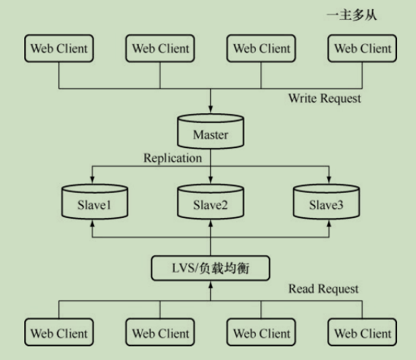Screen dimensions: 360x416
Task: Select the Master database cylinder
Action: pyautogui.click(x=210, y=134)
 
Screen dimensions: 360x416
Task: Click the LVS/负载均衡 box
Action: pyautogui.click(x=210, y=268)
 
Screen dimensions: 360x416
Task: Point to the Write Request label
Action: pyautogui.click(x=325, y=99)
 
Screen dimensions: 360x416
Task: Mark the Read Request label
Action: pyautogui.click(x=323, y=289)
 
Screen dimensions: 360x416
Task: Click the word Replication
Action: pyautogui.click(x=173, y=159)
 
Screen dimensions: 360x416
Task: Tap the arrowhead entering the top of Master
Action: pyautogui.click(x=210, y=112)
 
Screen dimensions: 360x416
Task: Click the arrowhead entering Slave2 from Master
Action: pyautogui.click(x=210, y=182)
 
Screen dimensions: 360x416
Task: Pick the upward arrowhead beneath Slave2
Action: pyautogui.click(x=210, y=226)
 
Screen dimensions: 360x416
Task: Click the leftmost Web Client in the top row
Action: pyautogui.click(x=59, y=49)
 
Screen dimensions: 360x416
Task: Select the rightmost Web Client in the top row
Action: pyautogui.click(x=363, y=49)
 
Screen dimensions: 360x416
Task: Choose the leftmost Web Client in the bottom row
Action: pyautogui.click(x=59, y=333)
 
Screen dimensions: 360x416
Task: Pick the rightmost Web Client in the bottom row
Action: pyautogui.click(x=363, y=333)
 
